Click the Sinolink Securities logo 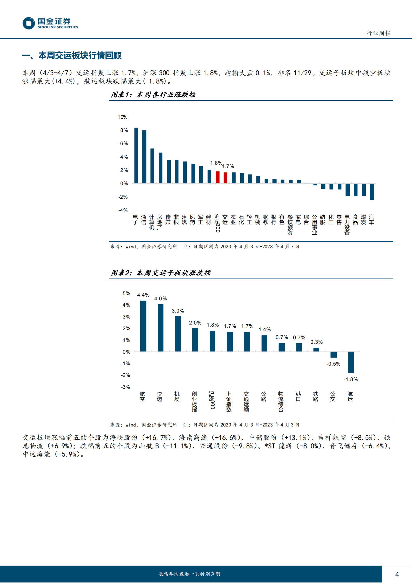50,23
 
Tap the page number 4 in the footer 397,574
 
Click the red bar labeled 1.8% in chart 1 218,177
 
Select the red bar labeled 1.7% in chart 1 225,178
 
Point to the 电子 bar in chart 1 136,155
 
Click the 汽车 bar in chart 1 372,191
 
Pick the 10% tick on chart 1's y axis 122,117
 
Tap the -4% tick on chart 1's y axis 123,210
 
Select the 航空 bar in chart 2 143,326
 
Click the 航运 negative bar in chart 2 351,362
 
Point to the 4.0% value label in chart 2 161,299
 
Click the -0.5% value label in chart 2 334,364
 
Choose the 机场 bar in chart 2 178,334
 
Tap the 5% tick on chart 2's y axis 126,293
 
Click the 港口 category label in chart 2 298,396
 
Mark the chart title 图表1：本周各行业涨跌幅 153,95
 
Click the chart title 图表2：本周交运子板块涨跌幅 161,273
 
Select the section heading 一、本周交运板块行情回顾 72,55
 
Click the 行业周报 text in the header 378,33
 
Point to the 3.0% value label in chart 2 178,311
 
